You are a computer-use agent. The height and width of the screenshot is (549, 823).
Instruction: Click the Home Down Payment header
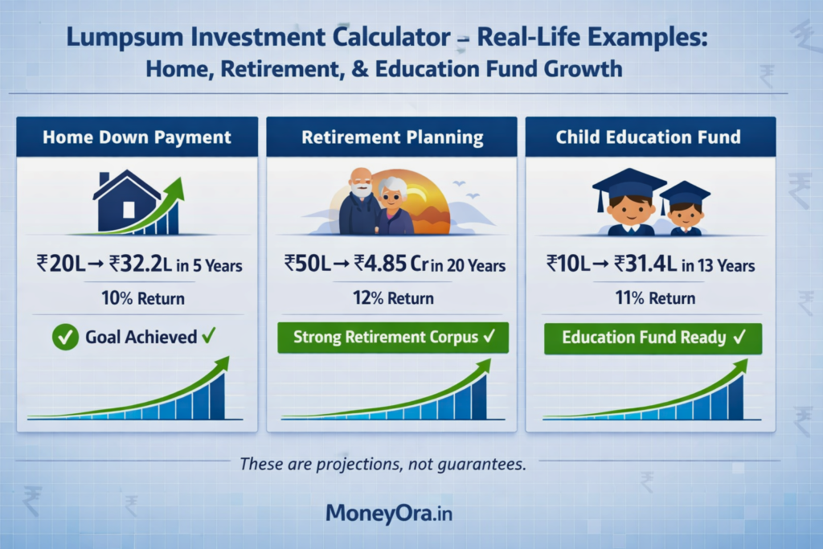[136, 137]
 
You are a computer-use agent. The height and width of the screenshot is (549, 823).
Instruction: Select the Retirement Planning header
[392, 137]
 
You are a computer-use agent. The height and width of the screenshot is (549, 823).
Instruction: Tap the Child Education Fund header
[648, 137]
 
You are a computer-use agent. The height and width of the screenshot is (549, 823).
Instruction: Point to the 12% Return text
[394, 299]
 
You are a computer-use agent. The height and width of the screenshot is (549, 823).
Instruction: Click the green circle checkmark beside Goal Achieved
[65, 338]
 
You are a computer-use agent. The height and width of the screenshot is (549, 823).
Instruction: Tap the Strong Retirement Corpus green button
[392, 338]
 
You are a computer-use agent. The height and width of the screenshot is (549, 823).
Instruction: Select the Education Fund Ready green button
[653, 338]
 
